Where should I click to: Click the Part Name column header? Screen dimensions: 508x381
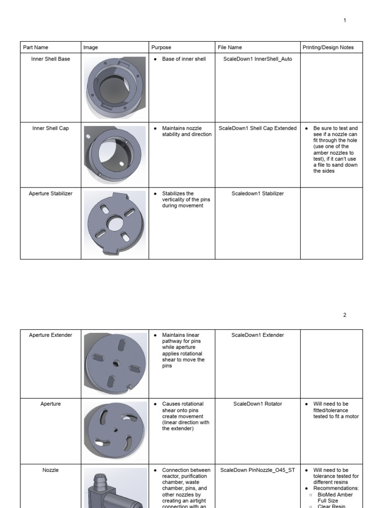pos(36,48)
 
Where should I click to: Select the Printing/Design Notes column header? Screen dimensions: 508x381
pos(328,48)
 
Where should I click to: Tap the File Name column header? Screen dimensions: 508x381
pos(230,48)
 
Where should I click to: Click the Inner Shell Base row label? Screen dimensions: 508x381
pos(51,59)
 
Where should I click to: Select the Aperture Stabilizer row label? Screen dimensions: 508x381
pos(51,193)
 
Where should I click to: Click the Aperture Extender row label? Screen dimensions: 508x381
pos(51,335)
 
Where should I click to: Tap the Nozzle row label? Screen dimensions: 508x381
pos(51,470)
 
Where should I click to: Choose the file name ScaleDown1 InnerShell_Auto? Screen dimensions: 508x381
pos(257,59)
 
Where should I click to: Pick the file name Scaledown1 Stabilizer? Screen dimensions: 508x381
pos(257,193)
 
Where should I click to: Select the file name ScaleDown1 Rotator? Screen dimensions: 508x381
pos(257,404)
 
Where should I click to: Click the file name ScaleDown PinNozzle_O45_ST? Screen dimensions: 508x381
pos(257,470)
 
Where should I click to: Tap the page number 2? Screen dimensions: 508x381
pos(345,315)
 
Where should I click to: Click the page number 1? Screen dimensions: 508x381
pos(345,20)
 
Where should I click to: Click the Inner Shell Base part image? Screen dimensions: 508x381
pos(115,88)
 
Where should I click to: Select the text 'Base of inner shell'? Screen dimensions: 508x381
pos(184,59)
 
